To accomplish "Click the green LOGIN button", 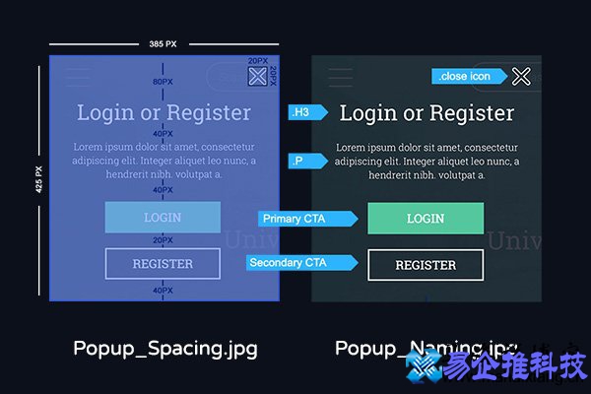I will tap(426, 219).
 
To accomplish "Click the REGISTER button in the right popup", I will tap(426, 265).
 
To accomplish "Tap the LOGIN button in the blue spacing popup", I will tap(163, 218).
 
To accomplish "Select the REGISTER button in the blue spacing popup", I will tap(163, 264).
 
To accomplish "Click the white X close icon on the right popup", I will tap(521, 76).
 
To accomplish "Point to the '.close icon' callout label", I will tap(468, 76).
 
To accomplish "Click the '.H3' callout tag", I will tap(301, 113).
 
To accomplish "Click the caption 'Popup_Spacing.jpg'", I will tap(165, 348).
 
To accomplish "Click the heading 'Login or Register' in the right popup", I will tap(427, 112).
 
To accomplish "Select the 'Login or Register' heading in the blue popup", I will tap(164, 111).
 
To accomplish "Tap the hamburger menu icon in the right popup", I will tap(340, 78).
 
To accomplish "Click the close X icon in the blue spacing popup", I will tap(257, 77).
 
